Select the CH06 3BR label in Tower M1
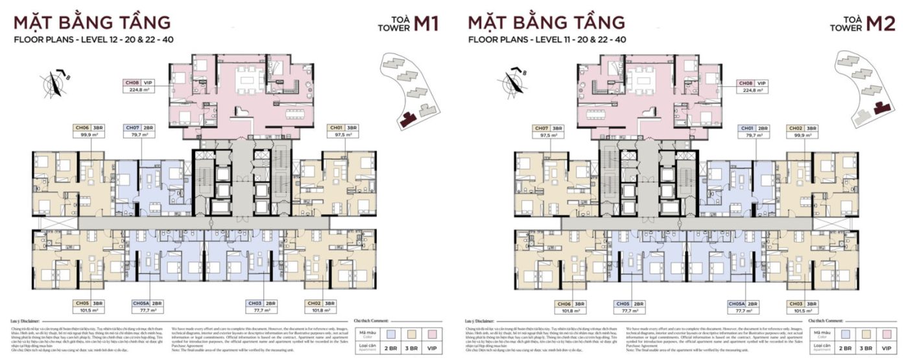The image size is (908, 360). click(90, 128)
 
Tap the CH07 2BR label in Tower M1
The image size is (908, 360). click(141, 128)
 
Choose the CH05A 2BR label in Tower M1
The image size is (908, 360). click(149, 303)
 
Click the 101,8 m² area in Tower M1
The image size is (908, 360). click(322, 311)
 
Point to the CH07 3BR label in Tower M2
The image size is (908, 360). click(549, 128)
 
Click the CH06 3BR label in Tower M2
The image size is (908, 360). click(571, 303)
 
